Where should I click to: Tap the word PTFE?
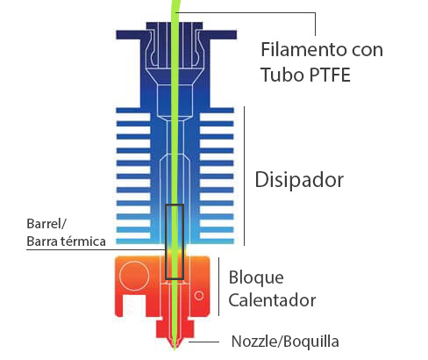(330, 75)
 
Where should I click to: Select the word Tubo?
(282, 75)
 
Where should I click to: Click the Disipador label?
(299, 179)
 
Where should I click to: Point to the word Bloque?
(256, 277)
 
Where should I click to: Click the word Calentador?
(272, 300)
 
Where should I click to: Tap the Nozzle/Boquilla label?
(285, 342)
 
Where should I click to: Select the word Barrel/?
(46, 224)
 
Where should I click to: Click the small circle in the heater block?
(199, 296)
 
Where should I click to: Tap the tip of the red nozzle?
(175, 349)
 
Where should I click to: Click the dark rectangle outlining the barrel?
(166, 241)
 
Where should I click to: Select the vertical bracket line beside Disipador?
(244, 176)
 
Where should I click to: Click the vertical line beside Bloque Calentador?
(219, 287)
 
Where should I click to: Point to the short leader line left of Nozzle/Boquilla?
(203, 342)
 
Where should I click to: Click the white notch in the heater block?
(134, 306)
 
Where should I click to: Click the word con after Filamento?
(367, 51)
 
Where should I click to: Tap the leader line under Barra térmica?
(96, 249)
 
